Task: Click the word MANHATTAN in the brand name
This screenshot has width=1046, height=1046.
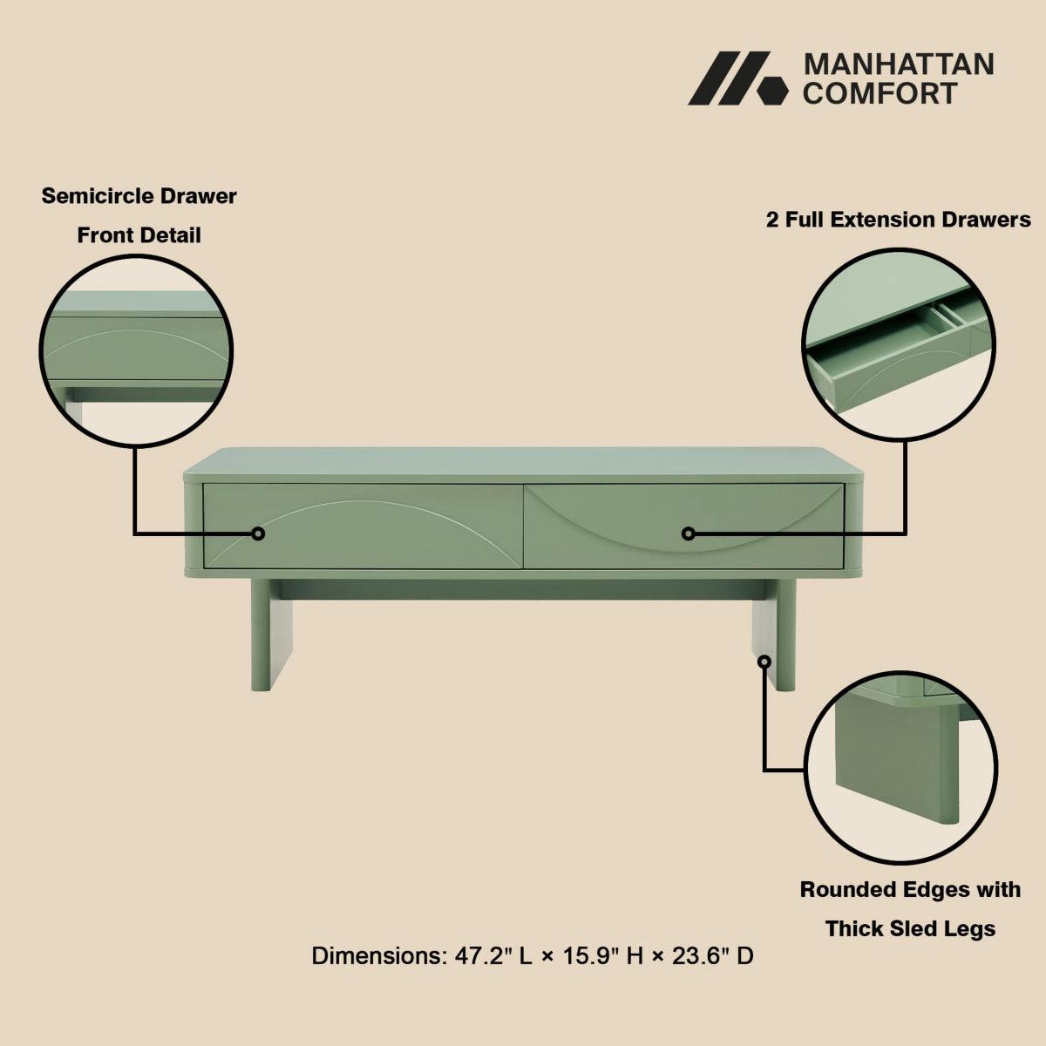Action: coord(898,65)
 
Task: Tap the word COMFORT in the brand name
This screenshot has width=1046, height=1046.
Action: coord(880,93)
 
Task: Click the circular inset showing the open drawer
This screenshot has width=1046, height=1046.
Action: coord(899,341)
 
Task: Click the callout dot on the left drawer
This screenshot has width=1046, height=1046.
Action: coord(258,533)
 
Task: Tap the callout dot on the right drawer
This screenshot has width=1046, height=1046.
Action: coord(688,533)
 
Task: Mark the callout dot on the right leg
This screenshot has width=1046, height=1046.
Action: coord(764,662)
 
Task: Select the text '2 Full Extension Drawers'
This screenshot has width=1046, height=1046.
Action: coord(898,220)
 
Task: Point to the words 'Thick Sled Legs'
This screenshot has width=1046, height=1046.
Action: coord(910,928)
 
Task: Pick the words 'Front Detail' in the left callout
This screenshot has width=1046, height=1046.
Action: coord(139,235)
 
